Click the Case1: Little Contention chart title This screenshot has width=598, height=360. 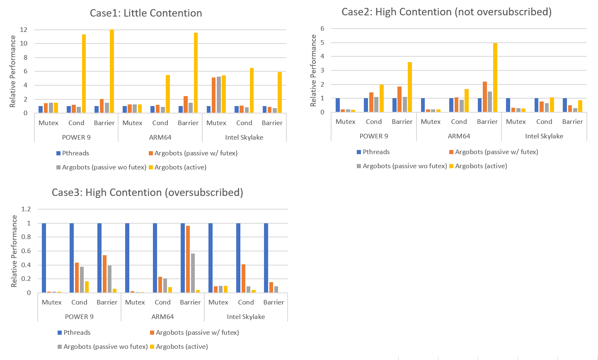(146, 13)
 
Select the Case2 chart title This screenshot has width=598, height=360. (446, 12)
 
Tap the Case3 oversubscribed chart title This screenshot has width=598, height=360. (147, 193)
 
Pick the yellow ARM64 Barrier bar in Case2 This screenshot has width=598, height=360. (495, 77)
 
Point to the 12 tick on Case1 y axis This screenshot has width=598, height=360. (24, 30)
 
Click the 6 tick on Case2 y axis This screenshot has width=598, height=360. (322, 29)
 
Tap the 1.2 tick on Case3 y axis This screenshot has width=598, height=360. (26, 209)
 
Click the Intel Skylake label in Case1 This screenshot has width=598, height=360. (244, 138)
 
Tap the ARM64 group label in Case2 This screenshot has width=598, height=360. (459, 136)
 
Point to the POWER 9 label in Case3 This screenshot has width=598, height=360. (79, 317)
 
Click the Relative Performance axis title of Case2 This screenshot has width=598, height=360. (314, 70)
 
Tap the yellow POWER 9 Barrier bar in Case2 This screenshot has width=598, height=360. (410, 87)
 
